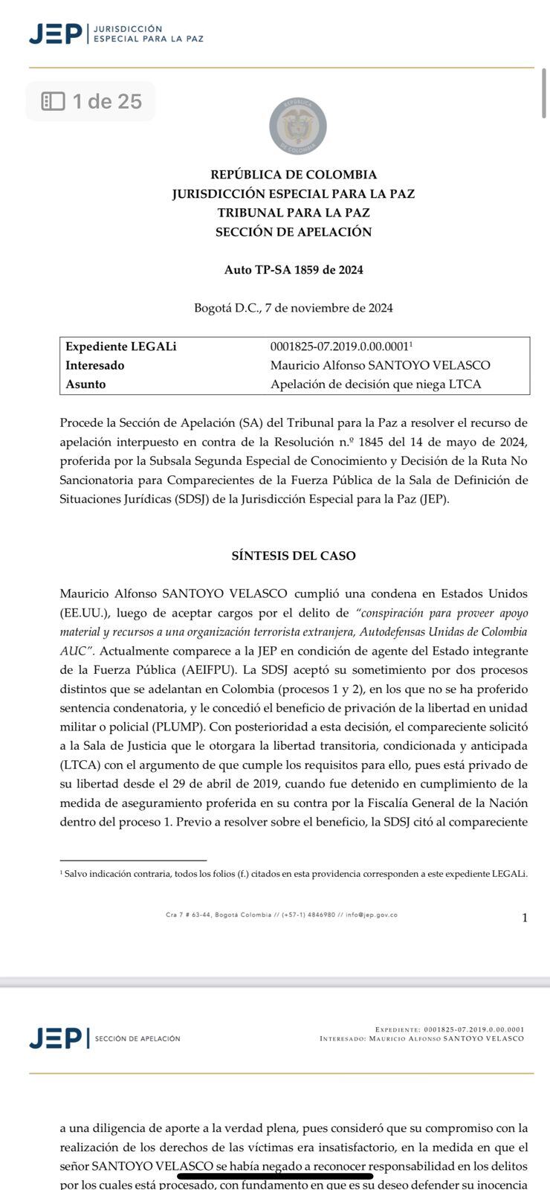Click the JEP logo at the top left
[55, 33]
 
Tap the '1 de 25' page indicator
[91, 101]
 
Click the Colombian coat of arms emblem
[297, 126]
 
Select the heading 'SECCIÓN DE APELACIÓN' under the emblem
[294, 232]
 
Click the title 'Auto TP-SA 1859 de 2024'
[294, 270]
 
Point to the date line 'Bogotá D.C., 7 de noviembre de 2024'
[294, 308]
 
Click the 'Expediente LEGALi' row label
[121, 347]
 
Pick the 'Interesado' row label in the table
[95, 365]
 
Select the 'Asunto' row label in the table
[86, 385]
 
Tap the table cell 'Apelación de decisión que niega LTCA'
[375, 385]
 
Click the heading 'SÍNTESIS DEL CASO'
[294, 556]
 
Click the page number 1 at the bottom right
[525, 918]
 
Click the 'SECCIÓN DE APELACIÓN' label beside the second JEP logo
[137, 1038]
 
